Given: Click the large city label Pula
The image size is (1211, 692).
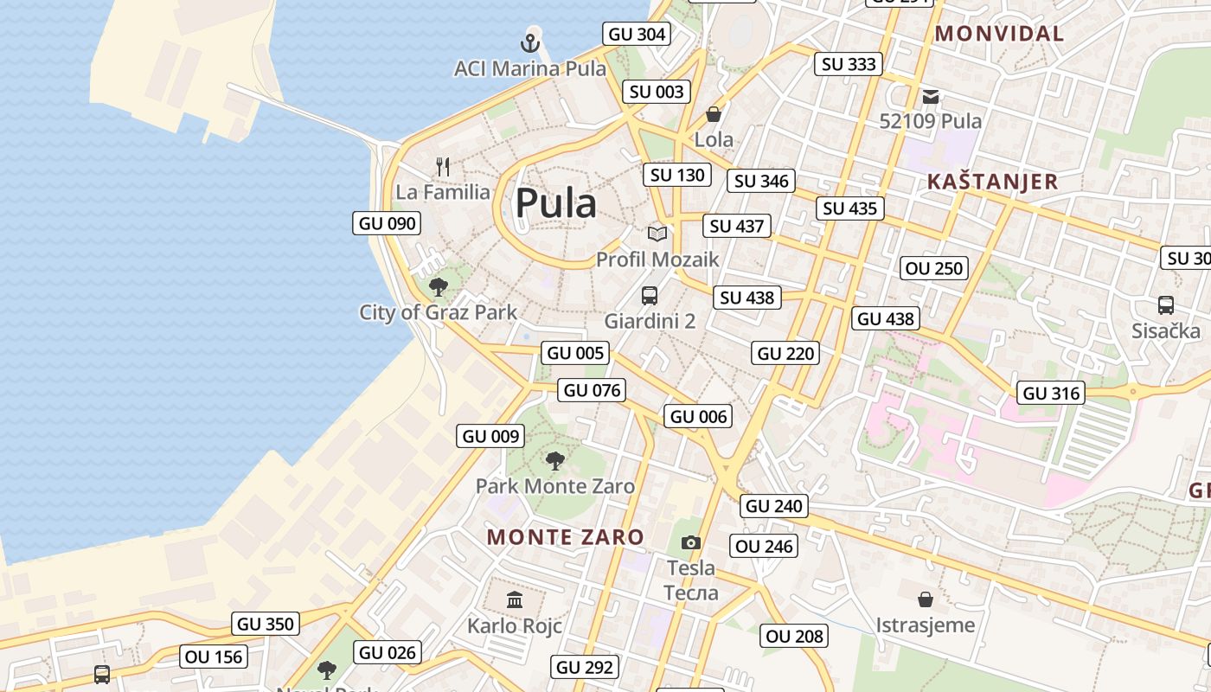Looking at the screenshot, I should point(555,204).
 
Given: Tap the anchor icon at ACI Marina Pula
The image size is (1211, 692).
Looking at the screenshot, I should point(530,42).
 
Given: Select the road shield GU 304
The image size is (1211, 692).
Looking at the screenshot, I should point(638,34).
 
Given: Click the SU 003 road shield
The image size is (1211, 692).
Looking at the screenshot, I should point(657,92).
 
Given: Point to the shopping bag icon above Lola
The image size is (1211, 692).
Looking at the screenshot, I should point(714,114).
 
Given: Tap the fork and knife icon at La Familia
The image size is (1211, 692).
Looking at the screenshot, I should point(443,166).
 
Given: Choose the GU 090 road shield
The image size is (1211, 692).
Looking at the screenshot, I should point(388,223).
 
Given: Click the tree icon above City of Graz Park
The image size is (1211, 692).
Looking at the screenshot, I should point(439,286).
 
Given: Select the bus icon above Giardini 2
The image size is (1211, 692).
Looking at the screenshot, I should point(650,296).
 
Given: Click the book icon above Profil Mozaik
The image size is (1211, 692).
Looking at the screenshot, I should point(657,234).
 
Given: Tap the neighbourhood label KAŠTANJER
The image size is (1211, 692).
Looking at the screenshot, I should point(992,182).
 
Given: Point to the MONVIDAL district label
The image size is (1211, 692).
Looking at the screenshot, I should point(1000,34).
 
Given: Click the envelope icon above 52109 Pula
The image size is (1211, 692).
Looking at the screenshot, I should point(931,96).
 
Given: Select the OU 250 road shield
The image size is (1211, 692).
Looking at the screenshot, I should point(934,268).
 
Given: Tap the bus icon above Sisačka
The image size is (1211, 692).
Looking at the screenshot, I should point(1166,305).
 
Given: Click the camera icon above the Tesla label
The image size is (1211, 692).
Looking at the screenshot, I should point(690,542).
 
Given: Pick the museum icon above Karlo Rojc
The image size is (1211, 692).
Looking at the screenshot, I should point(515,599).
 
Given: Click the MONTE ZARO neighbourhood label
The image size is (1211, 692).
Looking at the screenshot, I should point(566,537).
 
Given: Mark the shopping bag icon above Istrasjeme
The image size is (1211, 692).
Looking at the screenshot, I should point(926,599).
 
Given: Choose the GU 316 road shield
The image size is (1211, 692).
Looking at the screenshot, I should point(1051,393).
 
